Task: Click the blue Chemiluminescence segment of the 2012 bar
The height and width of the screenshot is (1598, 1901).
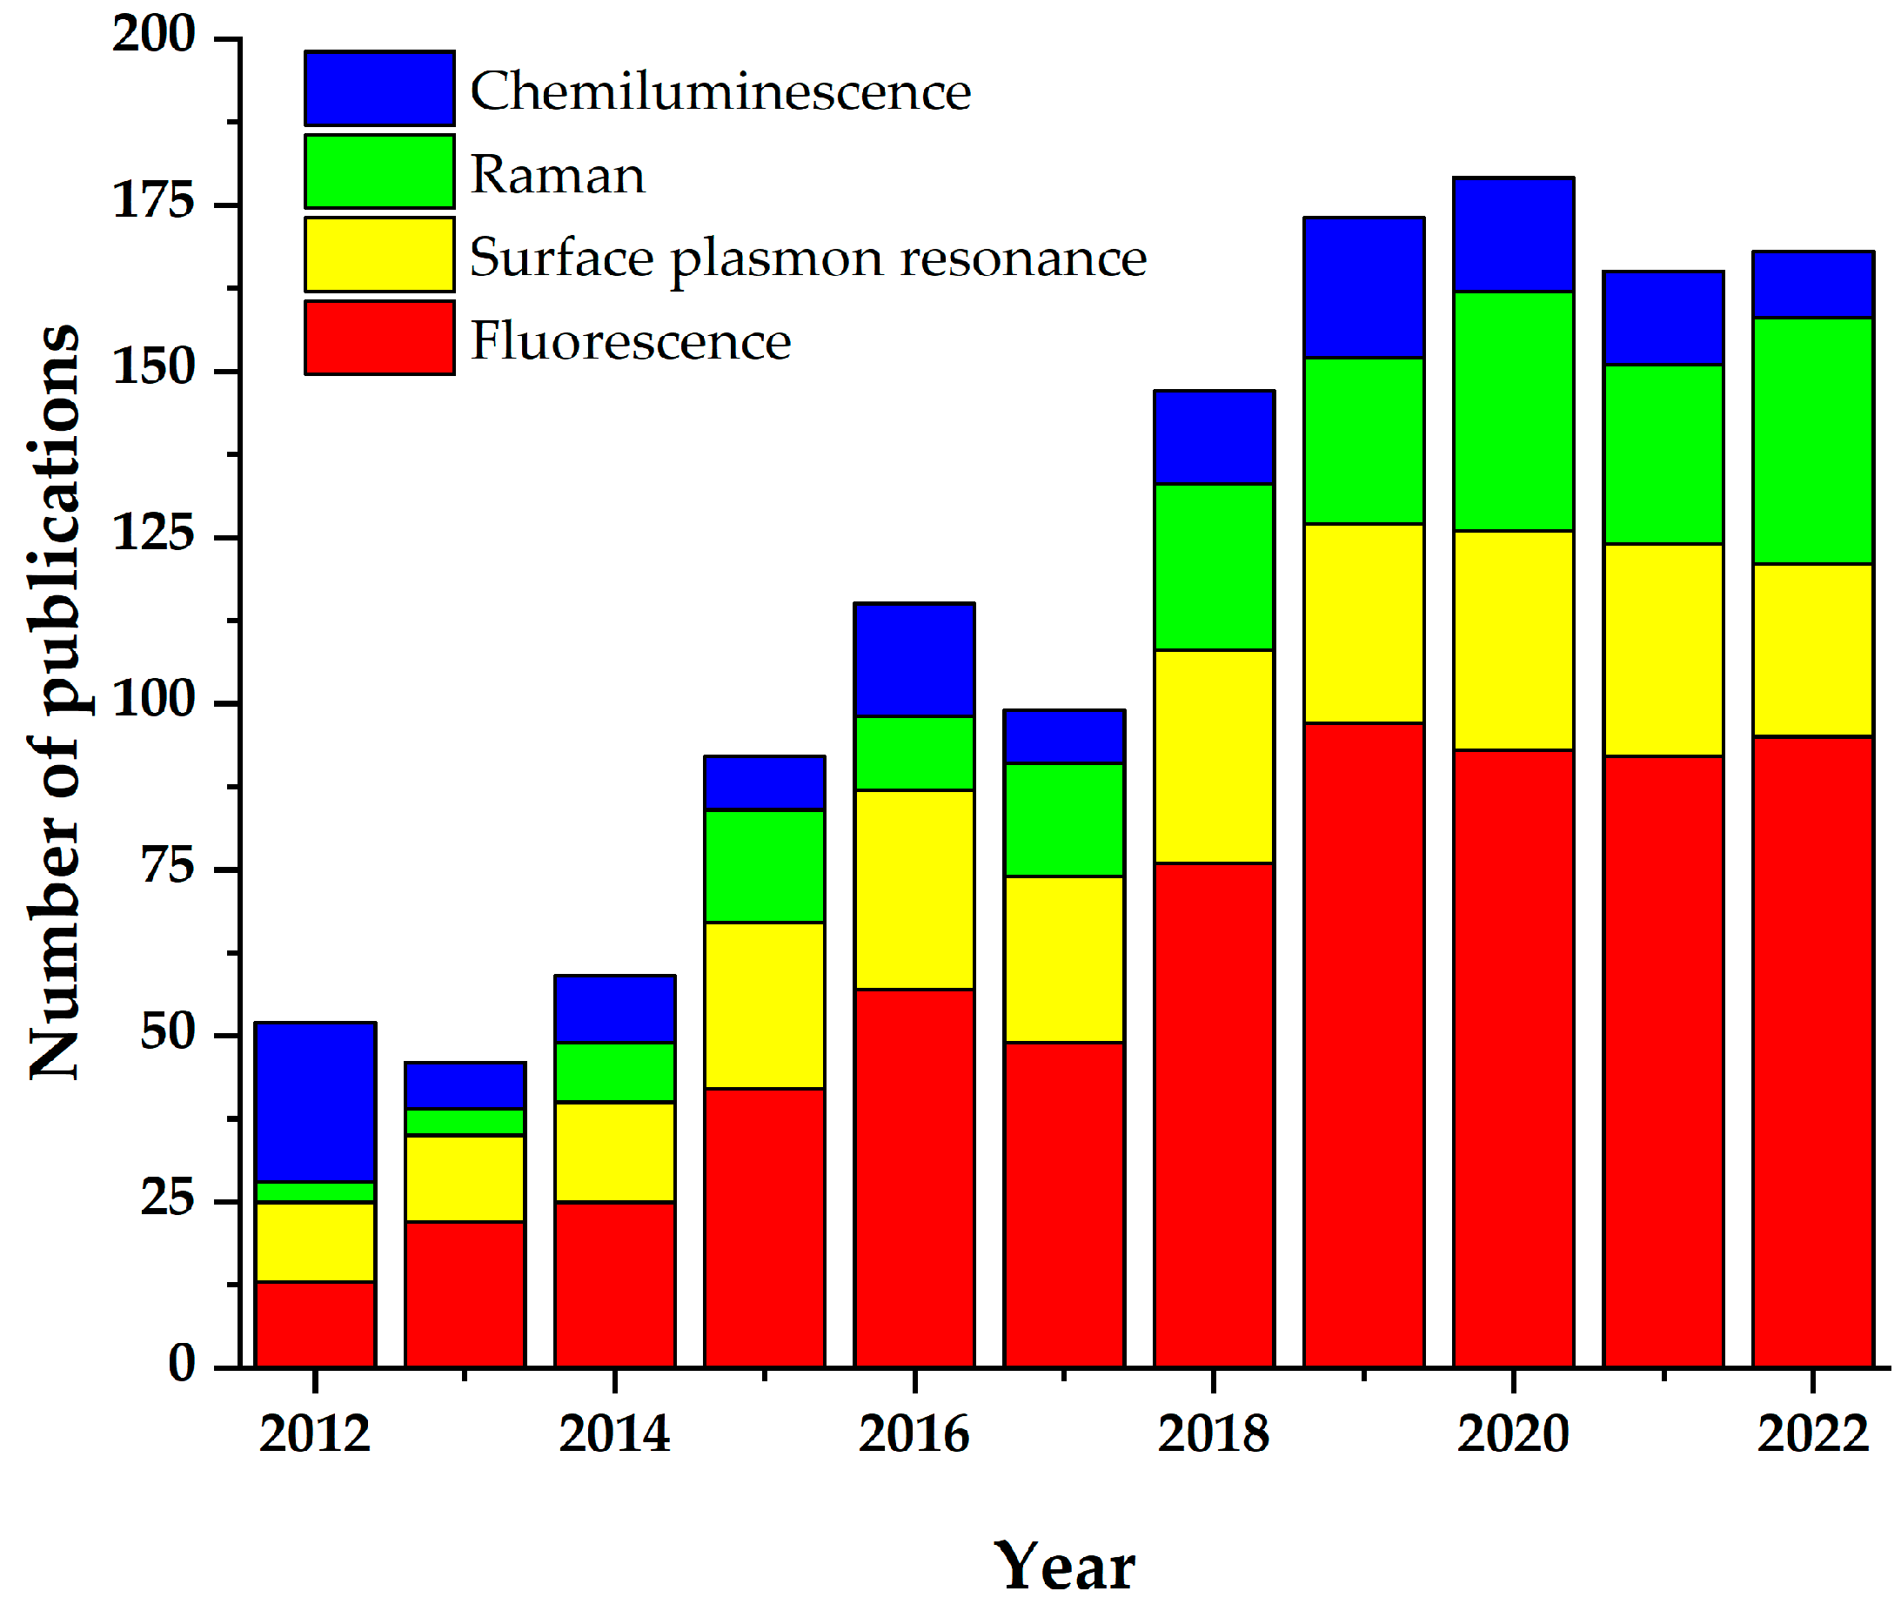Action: tap(315, 1103)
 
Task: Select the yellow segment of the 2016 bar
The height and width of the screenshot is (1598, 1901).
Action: tap(914, 890)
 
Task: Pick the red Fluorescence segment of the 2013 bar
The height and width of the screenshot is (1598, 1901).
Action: tap(465, 1293)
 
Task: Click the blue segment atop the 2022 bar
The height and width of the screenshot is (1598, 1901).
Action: tap(1812, 285)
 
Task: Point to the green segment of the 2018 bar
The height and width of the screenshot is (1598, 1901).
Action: tap(1214, 567)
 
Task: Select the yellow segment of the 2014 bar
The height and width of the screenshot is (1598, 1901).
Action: tap(615, 1151)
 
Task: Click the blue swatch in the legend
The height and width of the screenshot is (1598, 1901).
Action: tap(379, 88)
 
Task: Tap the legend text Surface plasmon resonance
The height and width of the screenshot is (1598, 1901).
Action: tap(808, 258)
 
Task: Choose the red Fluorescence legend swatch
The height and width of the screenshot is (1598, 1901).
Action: tap(379, 338)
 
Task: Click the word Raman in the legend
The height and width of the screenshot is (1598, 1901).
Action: tap(558, 174)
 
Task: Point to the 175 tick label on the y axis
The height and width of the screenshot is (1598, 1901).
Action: tap(154, 201)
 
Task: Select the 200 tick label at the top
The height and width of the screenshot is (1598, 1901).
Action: tap(154, 36)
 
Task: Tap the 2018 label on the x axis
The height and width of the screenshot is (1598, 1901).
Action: tap(1213, 1434)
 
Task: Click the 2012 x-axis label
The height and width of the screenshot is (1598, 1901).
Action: tap(314, 1434)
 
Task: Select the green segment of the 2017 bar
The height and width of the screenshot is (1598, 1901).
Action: tap(1064, 820)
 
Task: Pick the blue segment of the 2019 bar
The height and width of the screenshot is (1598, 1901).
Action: tap(1364, 288)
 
